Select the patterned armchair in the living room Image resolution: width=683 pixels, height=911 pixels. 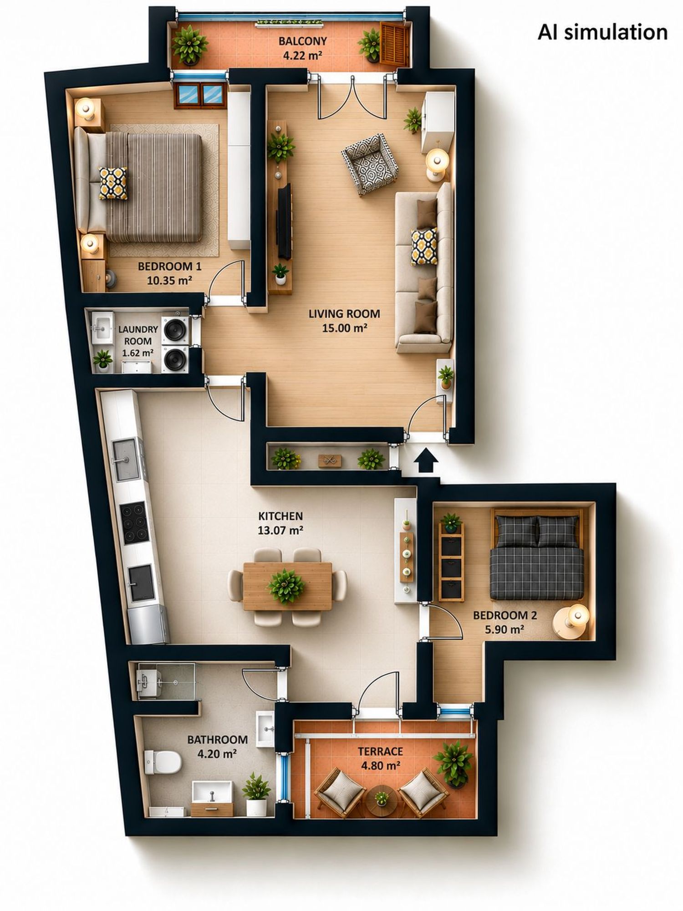[368, 164]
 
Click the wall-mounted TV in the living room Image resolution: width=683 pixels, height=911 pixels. [285, 221]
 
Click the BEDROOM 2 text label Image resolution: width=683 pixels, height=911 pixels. [505, 615]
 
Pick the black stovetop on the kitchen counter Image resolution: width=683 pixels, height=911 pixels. [134, 522]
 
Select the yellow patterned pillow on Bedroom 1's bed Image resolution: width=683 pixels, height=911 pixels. [113, 183]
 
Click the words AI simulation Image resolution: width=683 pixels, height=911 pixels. [602, 32]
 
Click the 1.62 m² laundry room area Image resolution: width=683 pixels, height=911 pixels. [138, 353]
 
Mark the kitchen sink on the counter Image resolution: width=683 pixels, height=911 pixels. [126, 460]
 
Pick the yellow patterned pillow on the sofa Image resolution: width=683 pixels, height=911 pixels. [424, 246]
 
